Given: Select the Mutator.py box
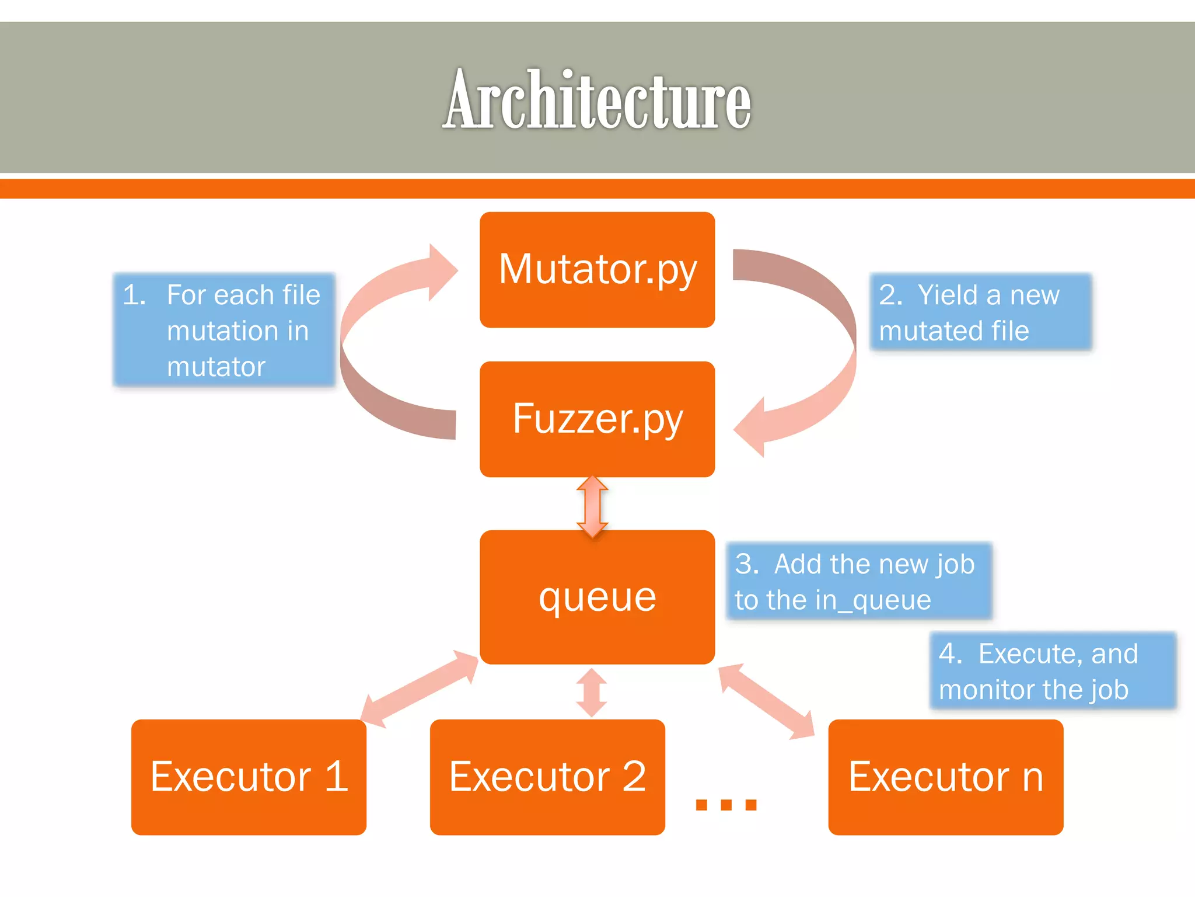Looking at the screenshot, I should coord(597,269).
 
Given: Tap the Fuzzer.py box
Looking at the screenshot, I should coord(597,419).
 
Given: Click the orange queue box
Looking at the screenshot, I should coord(597,597).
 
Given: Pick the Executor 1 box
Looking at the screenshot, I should coord(249,777).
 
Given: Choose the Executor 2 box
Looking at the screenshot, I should coord(547,777).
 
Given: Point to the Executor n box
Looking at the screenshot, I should coord(945,777).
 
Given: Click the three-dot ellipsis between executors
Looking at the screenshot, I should coord(726,805).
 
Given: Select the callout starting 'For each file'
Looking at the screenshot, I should coord(225,330).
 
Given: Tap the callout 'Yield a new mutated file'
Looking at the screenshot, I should coord(980,312).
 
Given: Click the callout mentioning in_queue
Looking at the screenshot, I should coord(859,581).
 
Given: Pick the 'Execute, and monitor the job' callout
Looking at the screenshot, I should coord(1052,670).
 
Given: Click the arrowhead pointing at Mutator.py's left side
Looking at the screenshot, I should coord(442,272).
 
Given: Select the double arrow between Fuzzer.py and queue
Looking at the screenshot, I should coord(592,506).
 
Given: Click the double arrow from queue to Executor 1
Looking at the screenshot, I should coord(419,689).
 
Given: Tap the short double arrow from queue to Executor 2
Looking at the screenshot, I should coord(592,693).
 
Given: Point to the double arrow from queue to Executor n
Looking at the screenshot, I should coord(766,701).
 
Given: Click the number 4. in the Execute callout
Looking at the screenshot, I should coord(951,653).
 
